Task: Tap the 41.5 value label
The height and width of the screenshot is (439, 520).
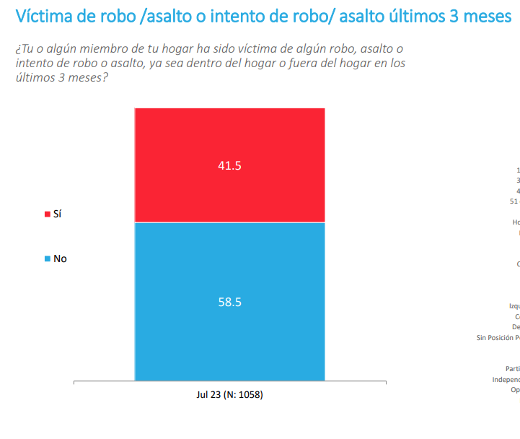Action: coord(229,165)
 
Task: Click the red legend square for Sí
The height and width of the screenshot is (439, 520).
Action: coord(47,214)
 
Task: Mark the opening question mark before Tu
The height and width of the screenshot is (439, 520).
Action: coord(17,49)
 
